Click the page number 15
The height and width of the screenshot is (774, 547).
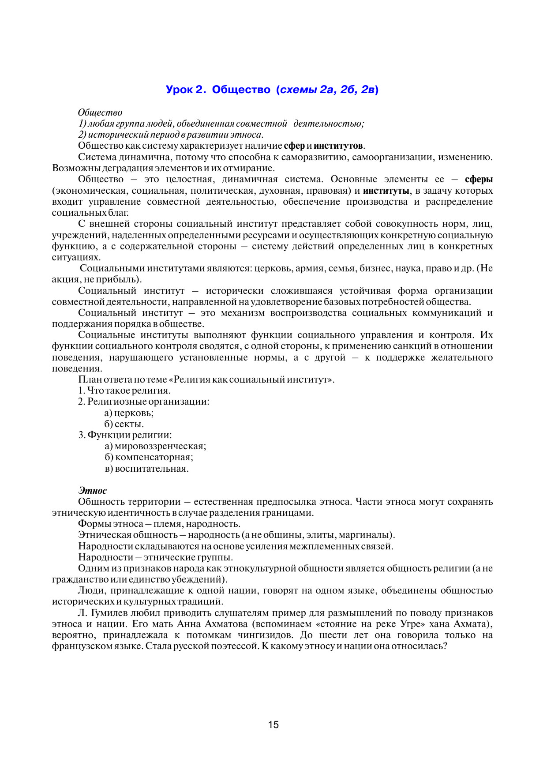pos(273,725)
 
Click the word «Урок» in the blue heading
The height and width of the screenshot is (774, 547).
pos(179,90)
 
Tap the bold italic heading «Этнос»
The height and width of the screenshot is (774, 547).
pos(93,491)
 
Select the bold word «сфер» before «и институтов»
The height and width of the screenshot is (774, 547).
pos(294,146)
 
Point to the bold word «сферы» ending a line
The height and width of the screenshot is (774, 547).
pos(479,179)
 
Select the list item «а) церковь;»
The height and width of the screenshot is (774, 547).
pos(129,413)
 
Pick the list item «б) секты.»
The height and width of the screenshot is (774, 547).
pos(124,424)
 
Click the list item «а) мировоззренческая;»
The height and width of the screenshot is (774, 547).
pos(155,446)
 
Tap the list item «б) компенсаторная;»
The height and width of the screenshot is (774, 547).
pos(149,457)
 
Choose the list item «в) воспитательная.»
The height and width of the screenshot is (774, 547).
pos(146,469)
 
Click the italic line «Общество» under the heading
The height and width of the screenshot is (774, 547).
pos(100,113)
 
